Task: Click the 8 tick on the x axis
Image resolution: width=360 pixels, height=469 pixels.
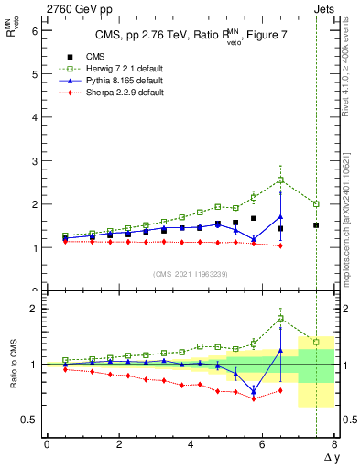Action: (334, 444)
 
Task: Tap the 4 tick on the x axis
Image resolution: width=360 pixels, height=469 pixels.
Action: (191, 444)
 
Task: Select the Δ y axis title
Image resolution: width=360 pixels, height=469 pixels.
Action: (331, 457)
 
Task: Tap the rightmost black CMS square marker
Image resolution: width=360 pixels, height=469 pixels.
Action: (316, 225)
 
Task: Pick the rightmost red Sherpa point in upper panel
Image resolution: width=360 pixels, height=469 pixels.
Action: (280, 245)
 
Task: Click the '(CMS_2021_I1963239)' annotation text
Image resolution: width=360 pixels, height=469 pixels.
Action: (189, 274)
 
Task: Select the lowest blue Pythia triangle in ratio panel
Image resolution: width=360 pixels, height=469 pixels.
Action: (254, 391)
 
